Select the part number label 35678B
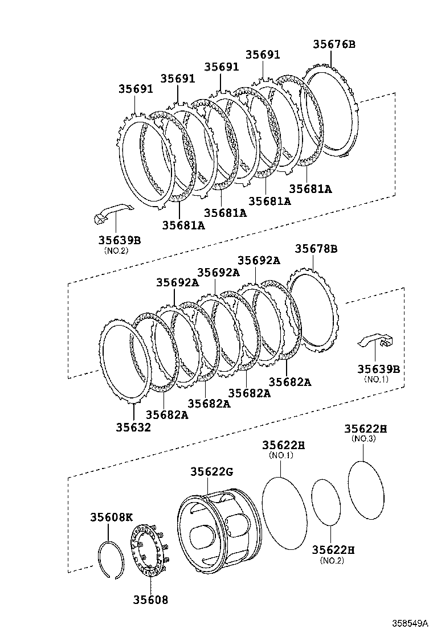pos(316,249)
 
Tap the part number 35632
pos(133,427)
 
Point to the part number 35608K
pos(111,517)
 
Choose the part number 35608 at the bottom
pos(150,599)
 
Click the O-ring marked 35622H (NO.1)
pos(284,513)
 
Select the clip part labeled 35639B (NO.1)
pos(376,342)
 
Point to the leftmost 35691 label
pos(136,89)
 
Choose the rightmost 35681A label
pos(310,188)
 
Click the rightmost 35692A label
pos(259,260)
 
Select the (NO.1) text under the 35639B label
pos(376,379)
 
